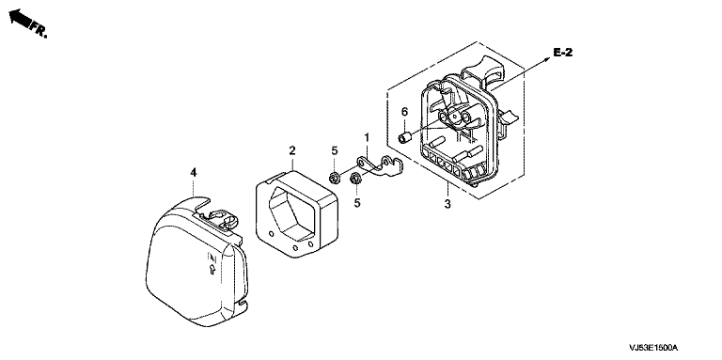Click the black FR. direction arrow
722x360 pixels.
pyautogui.click(x=20, y=19)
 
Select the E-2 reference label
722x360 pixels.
pyautogui.click(x=563, y=53)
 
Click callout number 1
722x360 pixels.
pyautogui.click(x=367, y=137)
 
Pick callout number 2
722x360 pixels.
pyautogui.click(x=292, y=150)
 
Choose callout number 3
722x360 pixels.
pyautogui.click(x=447, y=204)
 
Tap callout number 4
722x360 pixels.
pyautogui.click(x=194, y=173)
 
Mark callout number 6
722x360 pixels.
pyautogui.click(x=405, y=112)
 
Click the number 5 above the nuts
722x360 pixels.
pyautogui.click(x=335, y=150)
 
